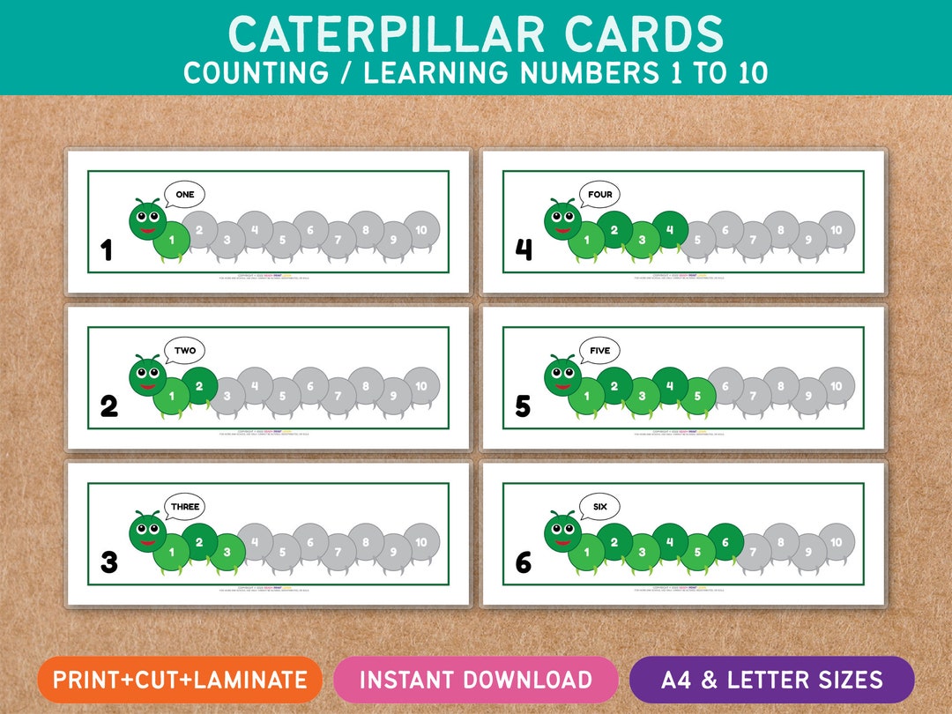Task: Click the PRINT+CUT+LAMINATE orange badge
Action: pyautogui.click(x=180, y=680)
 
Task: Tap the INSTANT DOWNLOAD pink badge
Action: pyautogui.click(x=476, y=680)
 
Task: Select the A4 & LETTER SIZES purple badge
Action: pyautogui.click(x=772, y=680)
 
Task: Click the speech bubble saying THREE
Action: pyautogui.click(x=186, y=508)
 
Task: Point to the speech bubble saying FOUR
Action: pyautogui.click(x=599, y=195)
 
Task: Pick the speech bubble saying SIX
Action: pyautogui.click(x=599, y=507)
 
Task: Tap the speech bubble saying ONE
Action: pyautogui.click(x=184, y=195)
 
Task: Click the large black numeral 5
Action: pyautogui.click(x=524, y=406)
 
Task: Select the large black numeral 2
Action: pyautogui.click(x=108, y=406)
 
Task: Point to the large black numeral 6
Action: pyautogui.click(x=524, y=562)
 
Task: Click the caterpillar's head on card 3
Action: pyautogui.click(x=147, y=532)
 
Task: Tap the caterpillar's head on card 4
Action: pyautogui.click(x=562, y=219)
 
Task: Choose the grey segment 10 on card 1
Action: pyautogui.click(x=421, y=231)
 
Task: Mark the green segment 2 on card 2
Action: pyautogui.click(x=199, y=386)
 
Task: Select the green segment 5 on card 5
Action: pyautogui.click(x=697, y=396)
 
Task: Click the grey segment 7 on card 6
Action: pyautogui.click(x=753, y=553)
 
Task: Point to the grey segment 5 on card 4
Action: pyautogui.click(x=697, y=240)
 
